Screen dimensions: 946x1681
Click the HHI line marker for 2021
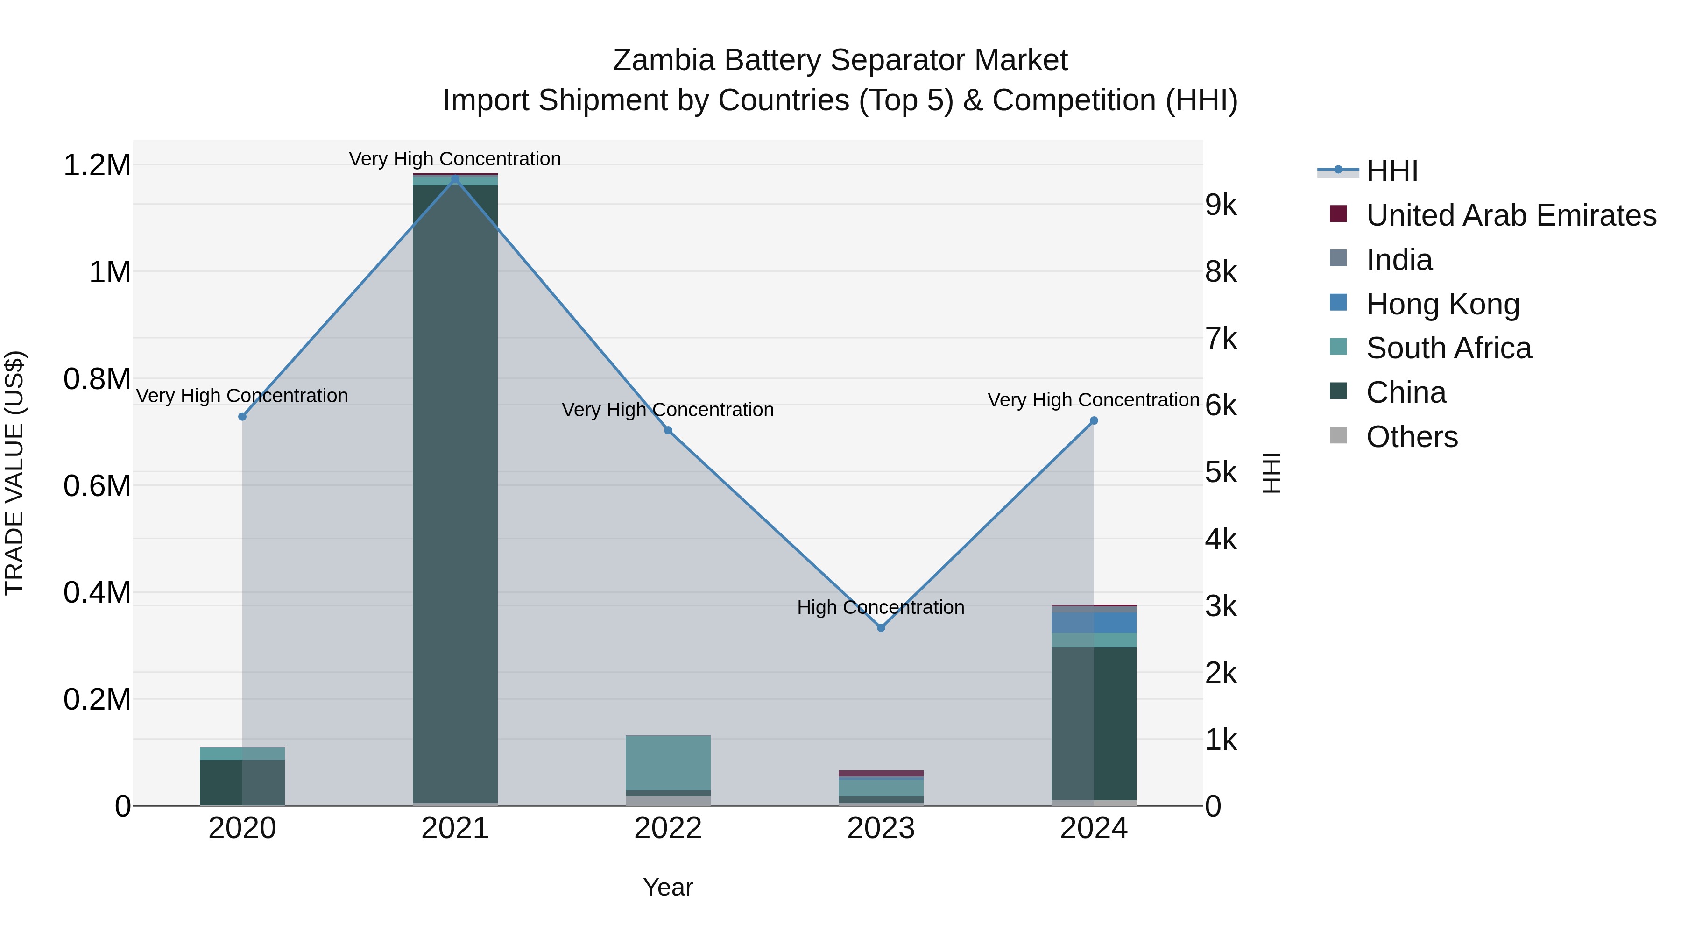pyautogui.click(x=455, y=179)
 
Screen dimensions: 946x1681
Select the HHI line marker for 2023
pyautogui.click(x=881, y=627)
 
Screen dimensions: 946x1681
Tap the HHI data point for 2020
pyautogui.click(x=242, y=417)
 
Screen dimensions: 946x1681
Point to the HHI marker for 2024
pyautogui.click(x=1094, y=421)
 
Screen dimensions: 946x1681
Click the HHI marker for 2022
pyautogui.click(x=668, y=430)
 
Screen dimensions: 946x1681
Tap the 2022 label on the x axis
pyautogui.click(x=668, y=828)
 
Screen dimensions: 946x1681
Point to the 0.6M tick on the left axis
pyautogui.click(x=97, y=486)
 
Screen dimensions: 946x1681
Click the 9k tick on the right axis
pyautogui.click(x=1220, y=205)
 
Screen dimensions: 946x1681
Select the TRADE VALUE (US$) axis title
pyautogui.click(x=14, y=473)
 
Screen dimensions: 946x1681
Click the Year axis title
pyautogui.click(x=668, y=887)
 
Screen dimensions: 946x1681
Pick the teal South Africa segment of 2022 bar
pyautogui.click(x=668, y=762)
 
